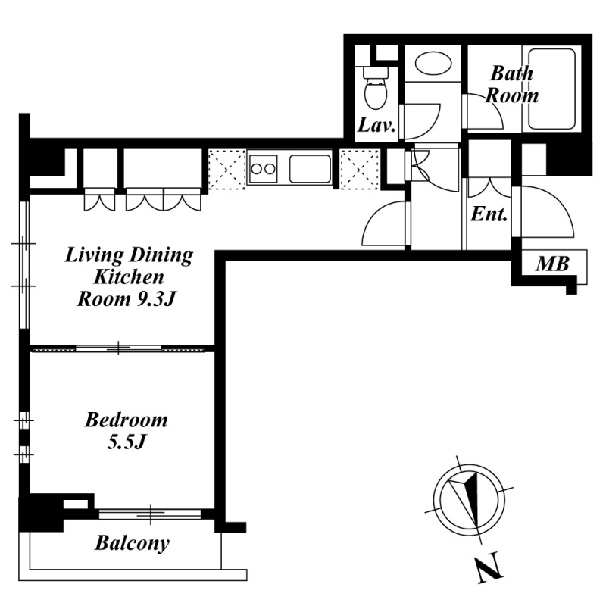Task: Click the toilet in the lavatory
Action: click(376, 88)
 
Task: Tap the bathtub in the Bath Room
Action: click(552, 89)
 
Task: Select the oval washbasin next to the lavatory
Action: click(433, 63)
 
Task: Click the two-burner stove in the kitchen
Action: click(263, 169)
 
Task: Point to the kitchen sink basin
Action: click(310, 169)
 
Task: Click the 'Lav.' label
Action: click(376, 125)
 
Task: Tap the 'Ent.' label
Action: click(489, 214)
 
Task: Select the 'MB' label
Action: click(552, 264)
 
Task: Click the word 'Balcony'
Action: click(132, 543)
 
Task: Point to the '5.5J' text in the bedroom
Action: click(126, 442)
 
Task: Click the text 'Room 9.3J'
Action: click(127, 299)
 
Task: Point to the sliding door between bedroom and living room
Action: click(118, 349)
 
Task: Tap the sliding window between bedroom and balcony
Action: click(150, 514)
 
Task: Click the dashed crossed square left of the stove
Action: click(226, 170)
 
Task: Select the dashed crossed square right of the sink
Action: click(359, 170)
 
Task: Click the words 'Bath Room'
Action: click(512, 84)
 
